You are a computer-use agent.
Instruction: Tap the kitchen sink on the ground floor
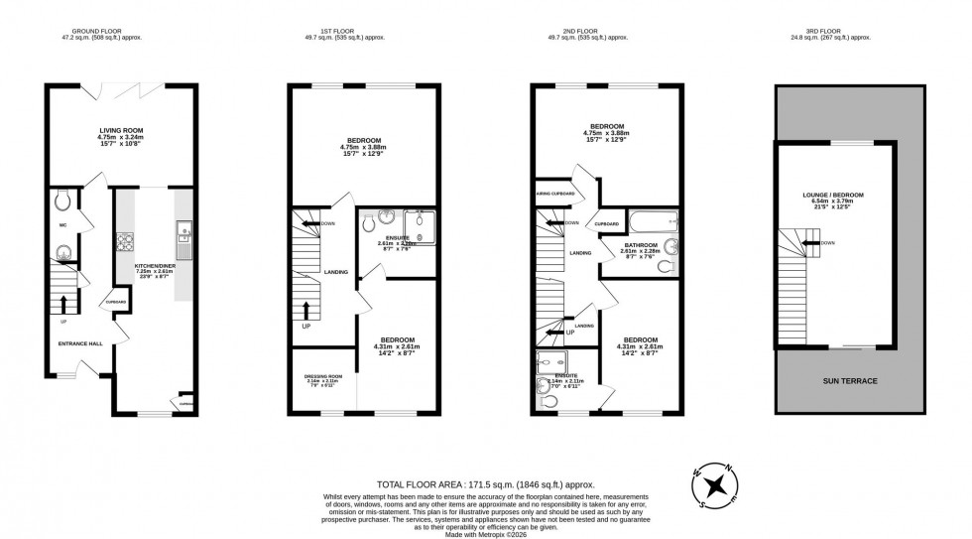click(x=183, y=234)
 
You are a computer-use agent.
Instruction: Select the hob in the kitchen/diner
click(x=127, y=240)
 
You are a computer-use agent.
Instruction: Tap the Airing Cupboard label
click(x=554, y=194)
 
